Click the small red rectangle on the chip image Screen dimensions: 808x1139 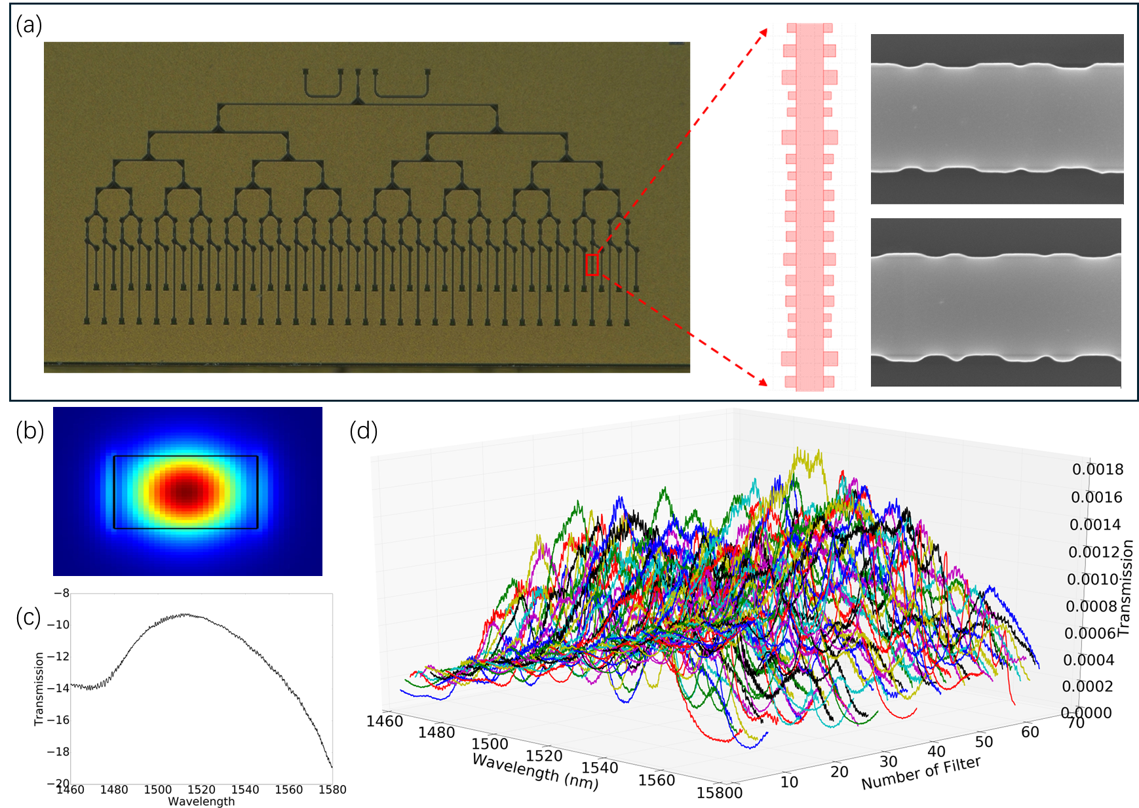[x=592, y=265]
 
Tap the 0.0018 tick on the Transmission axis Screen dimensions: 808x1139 [x=1097, y=469]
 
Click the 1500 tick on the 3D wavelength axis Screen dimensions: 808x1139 [x=490, y=744]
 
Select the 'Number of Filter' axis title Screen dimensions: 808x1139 [x=921, y=773]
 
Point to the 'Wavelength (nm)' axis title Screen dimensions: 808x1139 [x=535, y=771]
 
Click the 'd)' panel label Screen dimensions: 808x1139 [x=368, y=431]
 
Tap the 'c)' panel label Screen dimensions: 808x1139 [x=33, y=617]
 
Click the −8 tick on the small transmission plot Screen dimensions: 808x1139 [x=61, y=593]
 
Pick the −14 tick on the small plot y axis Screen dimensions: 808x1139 [x=58, y=688]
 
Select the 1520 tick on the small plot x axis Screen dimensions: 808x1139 [x=201, y=790]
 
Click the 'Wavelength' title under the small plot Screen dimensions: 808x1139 [x=201, y=801]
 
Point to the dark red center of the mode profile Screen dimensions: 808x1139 [x=187, y=490]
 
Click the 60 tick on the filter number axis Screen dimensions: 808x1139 [x=1030, y=731]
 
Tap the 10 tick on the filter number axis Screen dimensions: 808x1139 [x=789, y=782]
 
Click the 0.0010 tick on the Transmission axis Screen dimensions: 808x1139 [x=1092, y=579]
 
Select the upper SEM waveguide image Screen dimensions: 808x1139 [x=997, y=119]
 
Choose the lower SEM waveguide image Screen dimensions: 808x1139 [x=995, y=302]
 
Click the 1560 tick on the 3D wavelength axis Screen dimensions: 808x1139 [x=656, y=780]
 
